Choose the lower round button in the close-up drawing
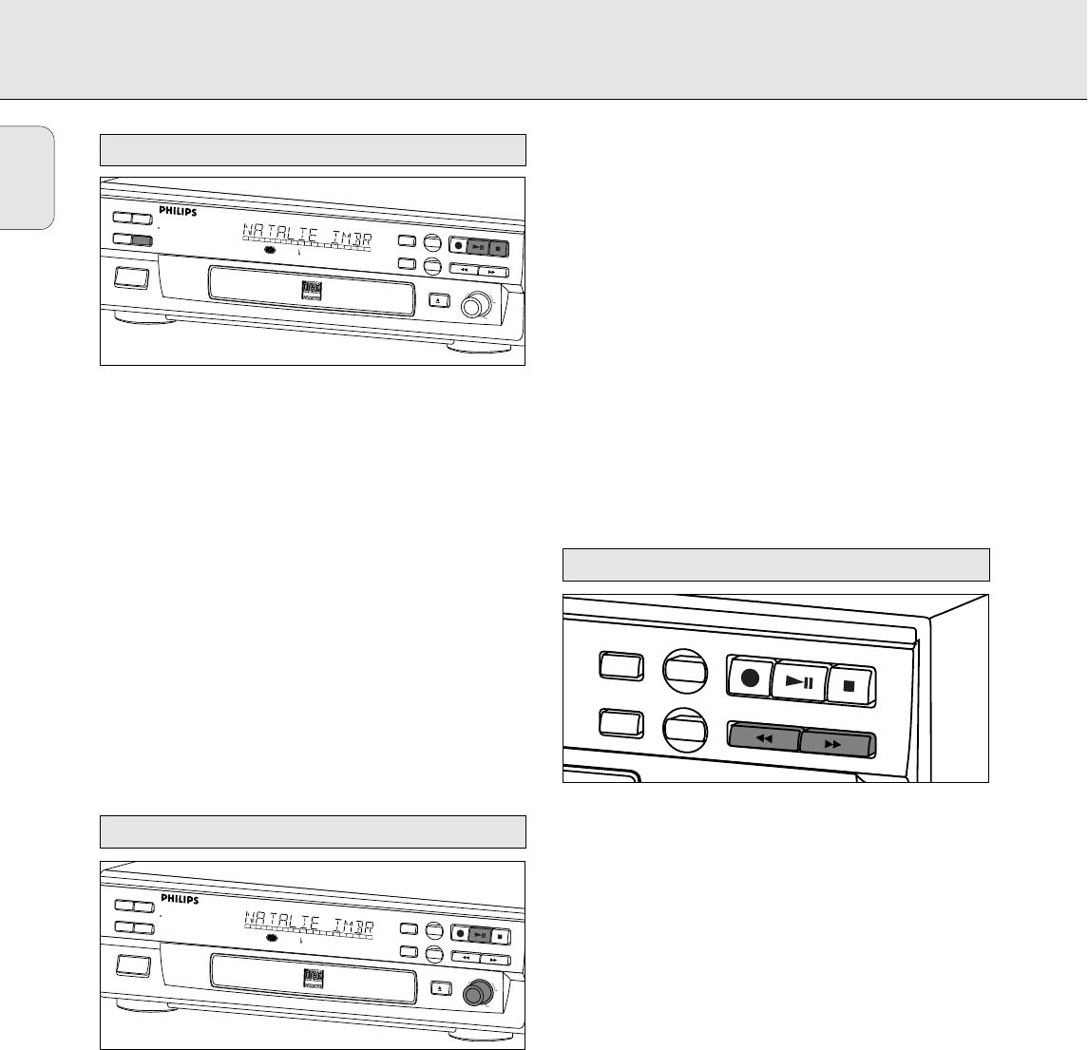tap(686, 731)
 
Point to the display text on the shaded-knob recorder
tap(308, 922)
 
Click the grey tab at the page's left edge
tap(27, 177)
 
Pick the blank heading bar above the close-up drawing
tap(776, 564)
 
